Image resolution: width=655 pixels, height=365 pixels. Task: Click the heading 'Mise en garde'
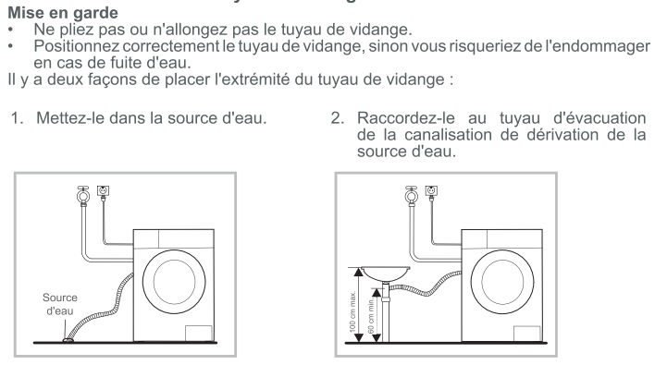click(63, 13)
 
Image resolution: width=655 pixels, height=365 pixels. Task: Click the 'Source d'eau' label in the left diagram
click(60, 304)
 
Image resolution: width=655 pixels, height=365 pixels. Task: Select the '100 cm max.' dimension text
click(352, 311)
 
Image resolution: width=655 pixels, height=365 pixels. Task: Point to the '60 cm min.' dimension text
click(371, 316)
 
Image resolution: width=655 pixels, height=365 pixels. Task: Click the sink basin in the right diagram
click(385, 274)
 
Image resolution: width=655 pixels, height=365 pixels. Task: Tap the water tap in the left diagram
click(83, 195)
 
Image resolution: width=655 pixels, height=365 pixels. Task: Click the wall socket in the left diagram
click(103, 190)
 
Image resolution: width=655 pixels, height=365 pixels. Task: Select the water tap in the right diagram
click(411, 195)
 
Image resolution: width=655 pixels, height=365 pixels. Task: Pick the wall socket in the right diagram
click(431, 190)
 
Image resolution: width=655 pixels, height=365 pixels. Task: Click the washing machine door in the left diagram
click(174, 282)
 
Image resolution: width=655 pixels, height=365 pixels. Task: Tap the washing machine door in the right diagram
click(502, 282)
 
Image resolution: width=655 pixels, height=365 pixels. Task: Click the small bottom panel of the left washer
click(198, 334)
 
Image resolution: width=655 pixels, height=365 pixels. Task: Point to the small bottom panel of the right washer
click(526, 334)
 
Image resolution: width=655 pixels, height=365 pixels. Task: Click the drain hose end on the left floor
click(68, 340)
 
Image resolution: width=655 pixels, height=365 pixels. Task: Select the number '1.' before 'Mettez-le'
click(18, 118)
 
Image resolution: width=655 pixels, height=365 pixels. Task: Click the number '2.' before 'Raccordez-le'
click(338, 118)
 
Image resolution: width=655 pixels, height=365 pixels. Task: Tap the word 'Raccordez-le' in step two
click(405, 118)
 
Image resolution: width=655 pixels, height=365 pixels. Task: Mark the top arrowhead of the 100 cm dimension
click(358, 273)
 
